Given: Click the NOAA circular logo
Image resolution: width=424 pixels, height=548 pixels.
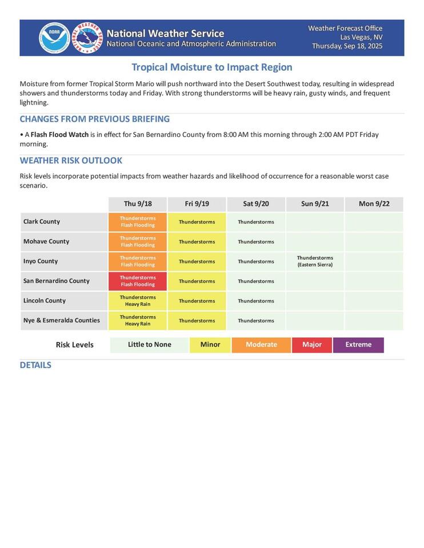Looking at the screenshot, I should [54, 38].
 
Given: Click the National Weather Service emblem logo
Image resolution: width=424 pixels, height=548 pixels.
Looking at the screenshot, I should [87, 38].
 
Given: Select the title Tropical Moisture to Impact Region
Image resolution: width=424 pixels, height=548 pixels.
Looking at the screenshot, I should [212, 67].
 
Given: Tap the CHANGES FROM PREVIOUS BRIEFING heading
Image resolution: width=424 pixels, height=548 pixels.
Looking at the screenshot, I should [95, 119].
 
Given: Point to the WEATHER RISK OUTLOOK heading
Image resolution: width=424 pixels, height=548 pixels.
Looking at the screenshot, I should [71, 160].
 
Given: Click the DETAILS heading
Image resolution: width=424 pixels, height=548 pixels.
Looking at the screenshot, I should [35, 365].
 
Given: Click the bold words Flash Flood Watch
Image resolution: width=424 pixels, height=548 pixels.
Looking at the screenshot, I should [59, 135].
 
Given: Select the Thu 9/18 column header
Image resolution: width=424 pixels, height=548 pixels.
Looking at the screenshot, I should [138, 204].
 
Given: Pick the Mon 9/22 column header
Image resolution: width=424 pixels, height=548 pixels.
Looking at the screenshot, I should [374, 204].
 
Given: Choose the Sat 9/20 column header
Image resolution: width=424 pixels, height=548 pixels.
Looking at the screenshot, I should [256, 204].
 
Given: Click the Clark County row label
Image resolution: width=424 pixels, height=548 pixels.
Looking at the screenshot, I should [42, 221].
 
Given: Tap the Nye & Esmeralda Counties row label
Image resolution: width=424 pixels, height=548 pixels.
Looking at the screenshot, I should [62, 320].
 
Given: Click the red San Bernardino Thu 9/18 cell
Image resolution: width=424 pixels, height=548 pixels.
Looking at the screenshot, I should [138, 281].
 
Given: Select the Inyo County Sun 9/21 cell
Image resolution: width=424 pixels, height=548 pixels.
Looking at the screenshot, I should [315, 261].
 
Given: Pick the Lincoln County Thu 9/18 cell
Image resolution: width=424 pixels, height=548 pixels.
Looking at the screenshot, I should [138, 301].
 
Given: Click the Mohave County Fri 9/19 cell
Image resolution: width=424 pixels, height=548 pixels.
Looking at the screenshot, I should [197, 241].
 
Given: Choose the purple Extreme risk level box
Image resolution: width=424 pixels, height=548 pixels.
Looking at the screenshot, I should [358, 345].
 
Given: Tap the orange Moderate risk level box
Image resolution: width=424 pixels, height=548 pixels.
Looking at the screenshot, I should [261, 345].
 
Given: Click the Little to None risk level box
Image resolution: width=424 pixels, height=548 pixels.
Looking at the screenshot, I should [149, 345].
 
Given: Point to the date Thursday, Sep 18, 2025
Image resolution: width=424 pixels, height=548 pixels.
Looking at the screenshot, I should [347, 46].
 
